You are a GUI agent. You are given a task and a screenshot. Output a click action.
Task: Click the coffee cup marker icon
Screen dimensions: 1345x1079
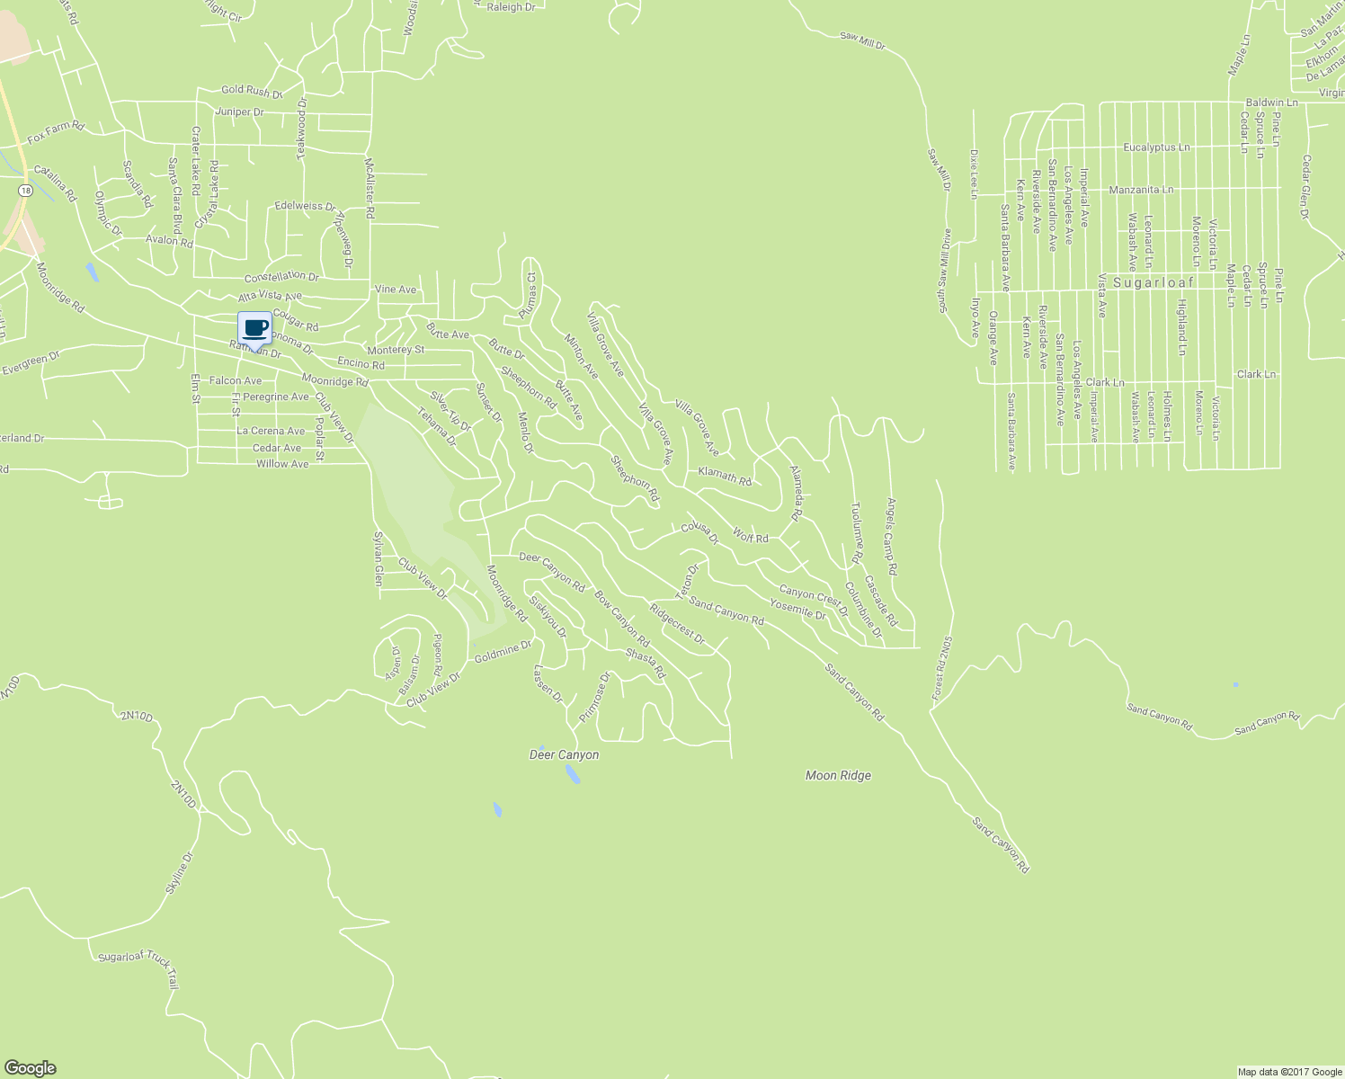click(x=254, y=328)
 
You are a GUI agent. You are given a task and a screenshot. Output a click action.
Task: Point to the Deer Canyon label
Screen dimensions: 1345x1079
click(x=564, y=755)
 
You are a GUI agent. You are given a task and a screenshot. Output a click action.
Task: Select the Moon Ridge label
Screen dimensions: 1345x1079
click(x=838, y=775)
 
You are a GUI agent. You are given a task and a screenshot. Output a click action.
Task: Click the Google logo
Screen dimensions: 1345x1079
click(x=30, y=1068)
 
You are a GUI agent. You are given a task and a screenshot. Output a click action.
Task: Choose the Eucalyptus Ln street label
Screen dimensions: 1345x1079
click(x=1156, y=147)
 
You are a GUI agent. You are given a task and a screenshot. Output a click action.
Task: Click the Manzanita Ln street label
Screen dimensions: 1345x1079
click(x=1141, y=190)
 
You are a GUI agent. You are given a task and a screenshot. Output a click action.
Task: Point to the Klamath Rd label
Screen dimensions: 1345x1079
click(x=724, y=476)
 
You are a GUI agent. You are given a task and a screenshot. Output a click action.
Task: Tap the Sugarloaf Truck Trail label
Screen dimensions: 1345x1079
click(x=140, y=966)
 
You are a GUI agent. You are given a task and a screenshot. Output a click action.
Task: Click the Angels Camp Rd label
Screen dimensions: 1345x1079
click(x=892, y=538)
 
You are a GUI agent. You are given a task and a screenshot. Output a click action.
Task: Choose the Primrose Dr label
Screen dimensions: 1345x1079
click(x=594, y=698)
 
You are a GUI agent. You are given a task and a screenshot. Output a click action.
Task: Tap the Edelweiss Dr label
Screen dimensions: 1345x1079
click(x=305, y=206)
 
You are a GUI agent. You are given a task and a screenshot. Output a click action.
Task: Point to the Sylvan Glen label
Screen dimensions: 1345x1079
click(x=379, y=558)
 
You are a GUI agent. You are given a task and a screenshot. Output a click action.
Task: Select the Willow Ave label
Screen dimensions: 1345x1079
click(x=282, y=464)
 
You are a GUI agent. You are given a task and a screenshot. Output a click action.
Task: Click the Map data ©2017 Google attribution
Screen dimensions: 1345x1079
click(x=1289, y=1072)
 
